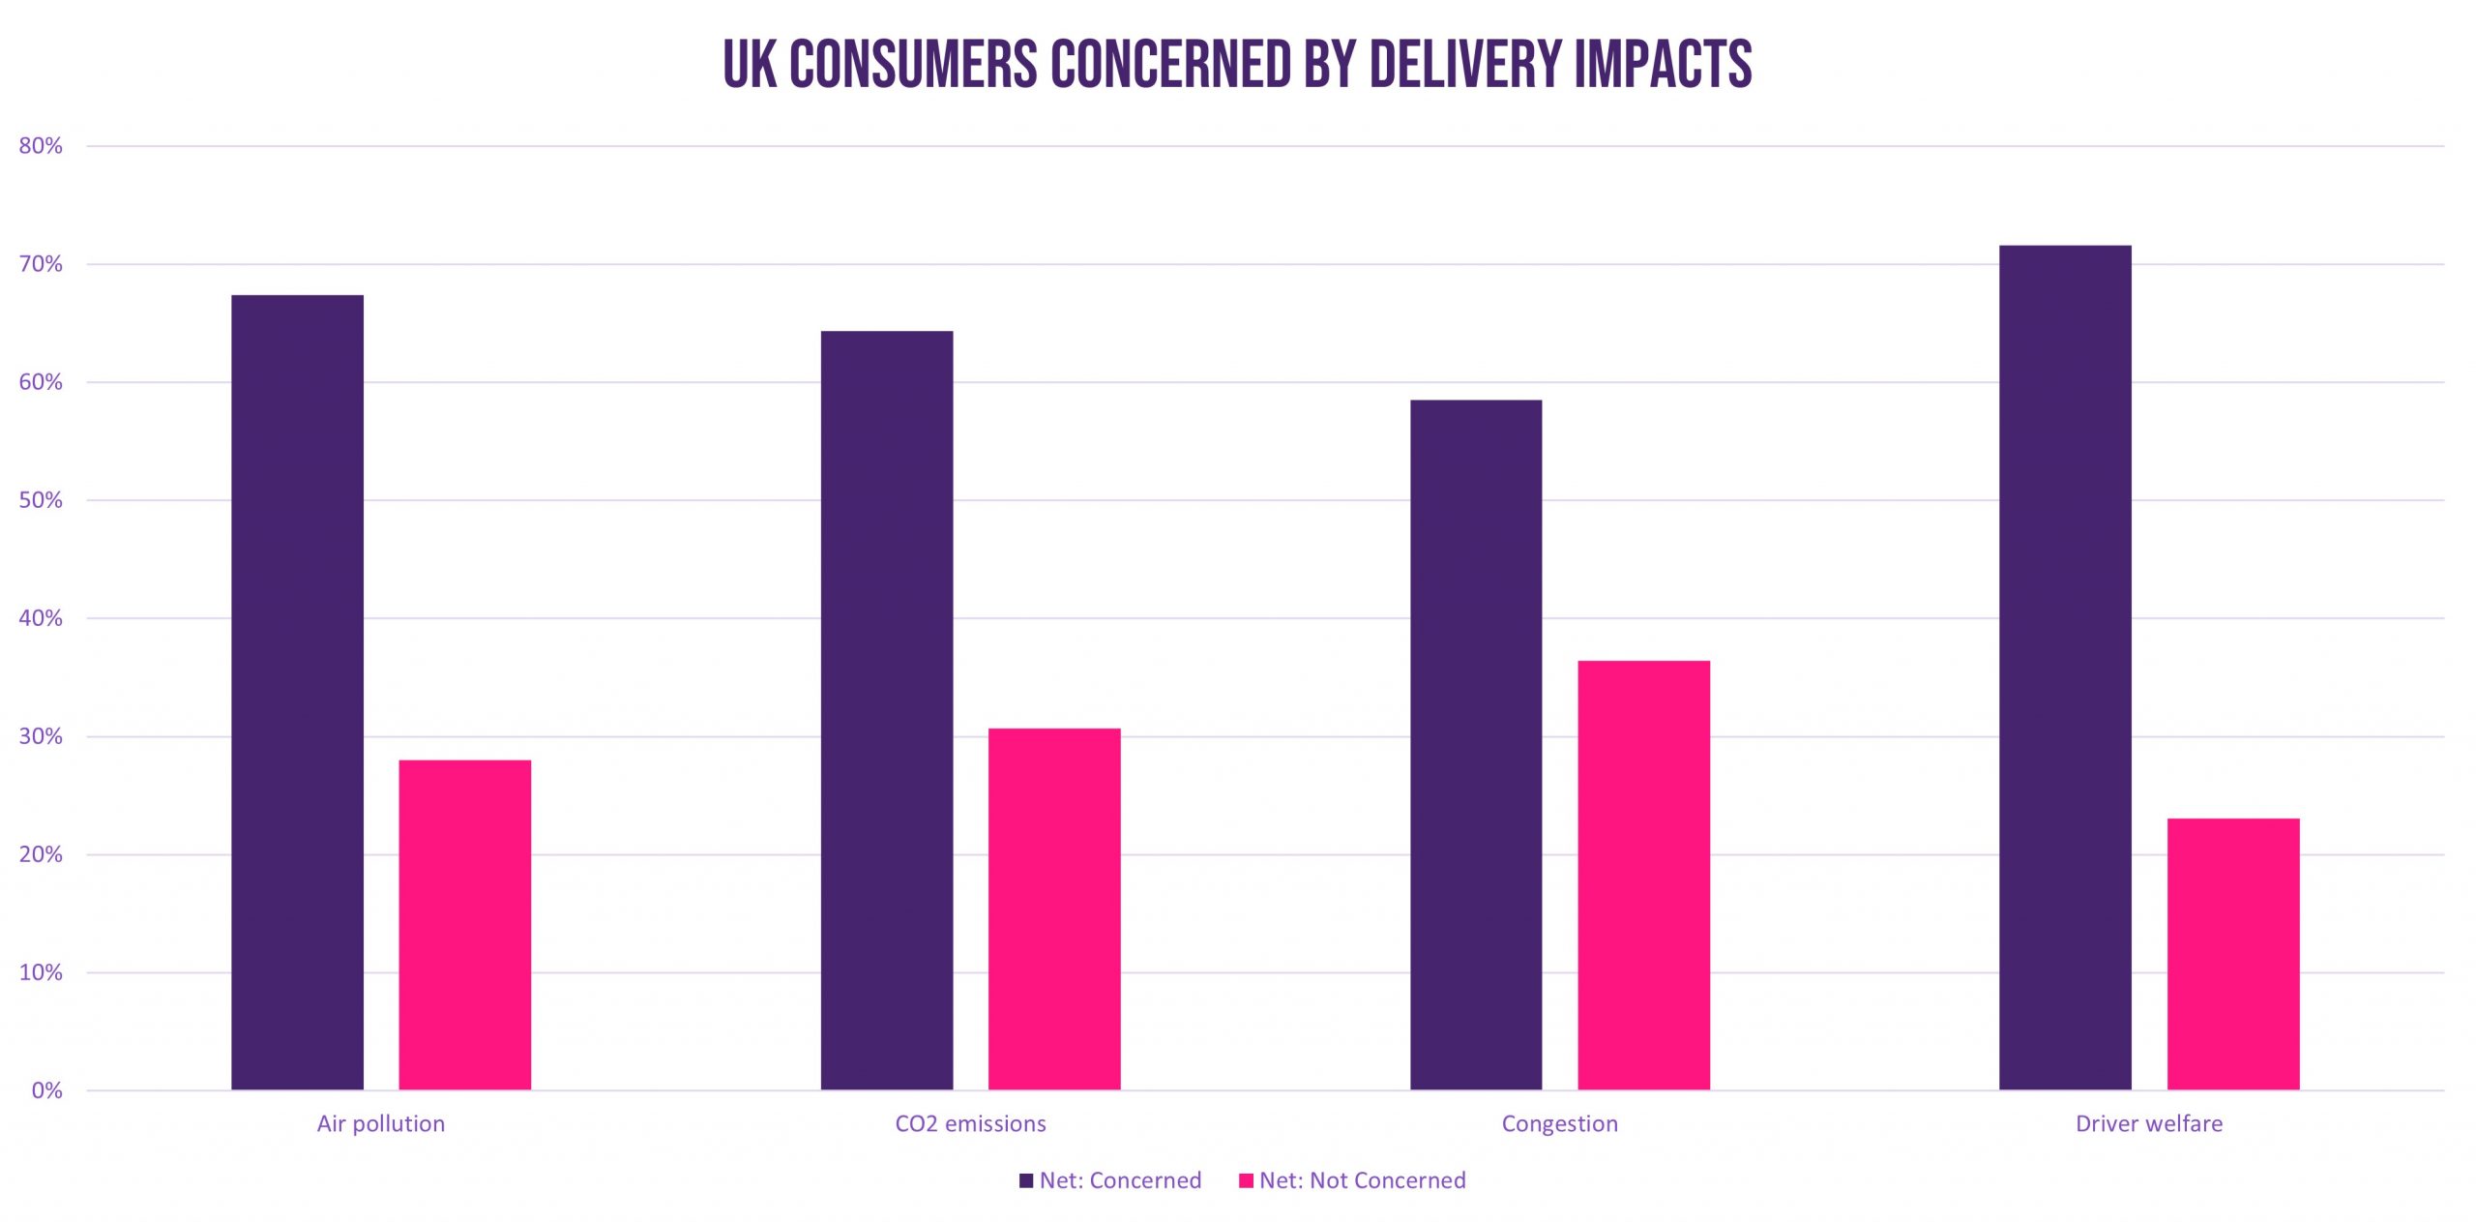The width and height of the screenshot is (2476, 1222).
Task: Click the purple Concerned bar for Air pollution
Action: click(x=297, y=692)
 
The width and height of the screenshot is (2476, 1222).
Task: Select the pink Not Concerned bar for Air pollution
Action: click(x=464, y=925)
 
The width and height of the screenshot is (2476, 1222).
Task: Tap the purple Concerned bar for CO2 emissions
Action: click(x=886, y=710)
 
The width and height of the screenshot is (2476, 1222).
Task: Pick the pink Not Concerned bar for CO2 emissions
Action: click(x=1054, y=909)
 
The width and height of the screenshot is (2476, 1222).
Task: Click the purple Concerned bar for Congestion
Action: click(x=1476, y=745)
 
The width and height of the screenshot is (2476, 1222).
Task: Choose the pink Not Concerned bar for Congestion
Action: click(x=1643, y=875)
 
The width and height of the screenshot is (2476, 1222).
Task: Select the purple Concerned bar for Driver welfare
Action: click(x=2065, y=668)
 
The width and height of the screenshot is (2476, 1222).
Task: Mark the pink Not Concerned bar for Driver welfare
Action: click(x=2233, y=954)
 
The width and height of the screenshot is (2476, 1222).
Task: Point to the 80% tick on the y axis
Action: click(x=41, y=146)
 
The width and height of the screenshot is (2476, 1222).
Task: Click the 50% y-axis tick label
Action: click(x=41, y=500)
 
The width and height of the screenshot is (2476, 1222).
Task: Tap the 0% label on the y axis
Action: click(x=46, y=1090)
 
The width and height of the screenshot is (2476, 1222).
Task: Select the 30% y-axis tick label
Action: click(x=41, y=736)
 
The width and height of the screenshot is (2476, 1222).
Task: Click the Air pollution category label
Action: click(x=381, y=1123)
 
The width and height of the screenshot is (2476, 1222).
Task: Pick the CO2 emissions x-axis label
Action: click(x=970, y=1123)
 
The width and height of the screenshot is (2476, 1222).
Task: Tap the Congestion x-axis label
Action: click(x=1559, y=1123)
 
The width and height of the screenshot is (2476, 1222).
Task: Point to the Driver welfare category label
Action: click(x=2149, y=1123)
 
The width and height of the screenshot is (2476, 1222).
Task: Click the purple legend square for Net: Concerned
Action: click(x=1026, y=1180)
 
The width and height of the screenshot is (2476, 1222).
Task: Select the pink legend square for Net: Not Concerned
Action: click(x=1246, y=1180)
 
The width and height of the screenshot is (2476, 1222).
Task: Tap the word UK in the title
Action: click(x=750, y=64)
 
